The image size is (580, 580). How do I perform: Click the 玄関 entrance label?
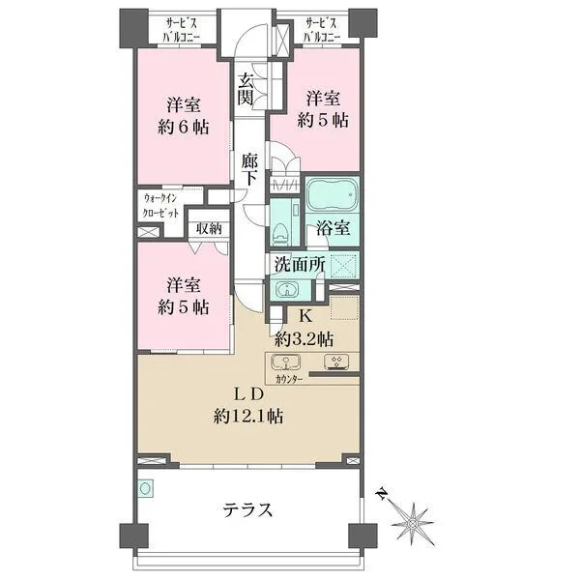click(x=246, y=89)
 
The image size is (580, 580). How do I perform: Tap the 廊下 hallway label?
click(x=250, y=168)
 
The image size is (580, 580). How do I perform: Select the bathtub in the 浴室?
click(x=332, y=195)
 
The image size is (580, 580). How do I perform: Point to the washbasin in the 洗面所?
click(x=286, y=289)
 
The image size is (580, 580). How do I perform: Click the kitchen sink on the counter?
click(x=285, y=362)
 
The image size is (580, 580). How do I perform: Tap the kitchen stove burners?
click(x=336, y=362)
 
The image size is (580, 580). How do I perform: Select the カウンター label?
click(x=289, y=379)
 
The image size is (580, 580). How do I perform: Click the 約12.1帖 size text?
click(x=248, y=417)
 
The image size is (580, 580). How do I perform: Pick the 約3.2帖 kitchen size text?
click(x=304, y=338)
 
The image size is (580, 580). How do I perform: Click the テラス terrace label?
click(x=247, y=510)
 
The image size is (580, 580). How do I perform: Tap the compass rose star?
click(x=412, y=523)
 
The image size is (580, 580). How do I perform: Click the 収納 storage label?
click(x=209, y=228)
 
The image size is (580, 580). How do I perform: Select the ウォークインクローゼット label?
click(x=160, y=206)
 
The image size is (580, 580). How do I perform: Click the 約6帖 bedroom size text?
click(x=183, y=128)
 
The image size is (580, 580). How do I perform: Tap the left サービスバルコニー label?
click(x=182, y=30)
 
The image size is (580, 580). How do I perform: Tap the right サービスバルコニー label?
click(x=322, y=30)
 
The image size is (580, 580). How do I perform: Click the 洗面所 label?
click(x=300, y=265)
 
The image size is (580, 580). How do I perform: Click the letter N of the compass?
click(x=382, y=493)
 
